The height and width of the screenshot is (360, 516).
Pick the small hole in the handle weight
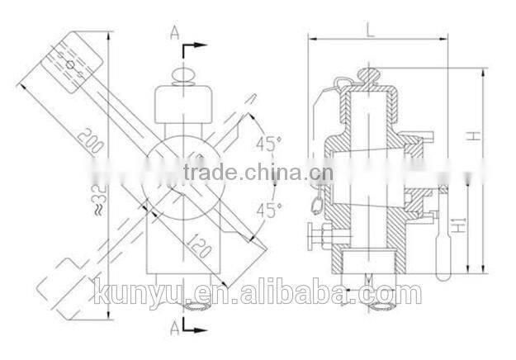click(70, 63)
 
